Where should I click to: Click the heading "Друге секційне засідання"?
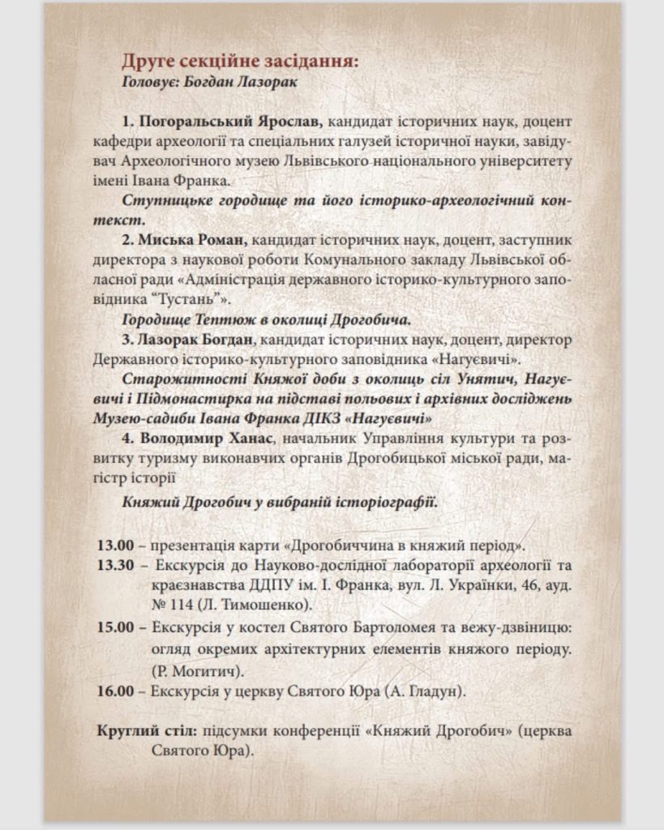239,62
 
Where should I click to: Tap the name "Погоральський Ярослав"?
230,122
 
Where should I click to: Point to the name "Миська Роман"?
193,241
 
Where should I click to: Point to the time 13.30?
115,565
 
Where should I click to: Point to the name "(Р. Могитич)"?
198,670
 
